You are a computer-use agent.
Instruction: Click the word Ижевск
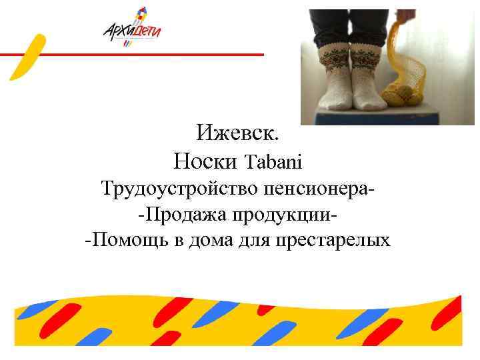(238, 133)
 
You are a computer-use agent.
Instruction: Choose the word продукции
(280, 215)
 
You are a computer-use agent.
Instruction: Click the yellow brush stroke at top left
(27, 57)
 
